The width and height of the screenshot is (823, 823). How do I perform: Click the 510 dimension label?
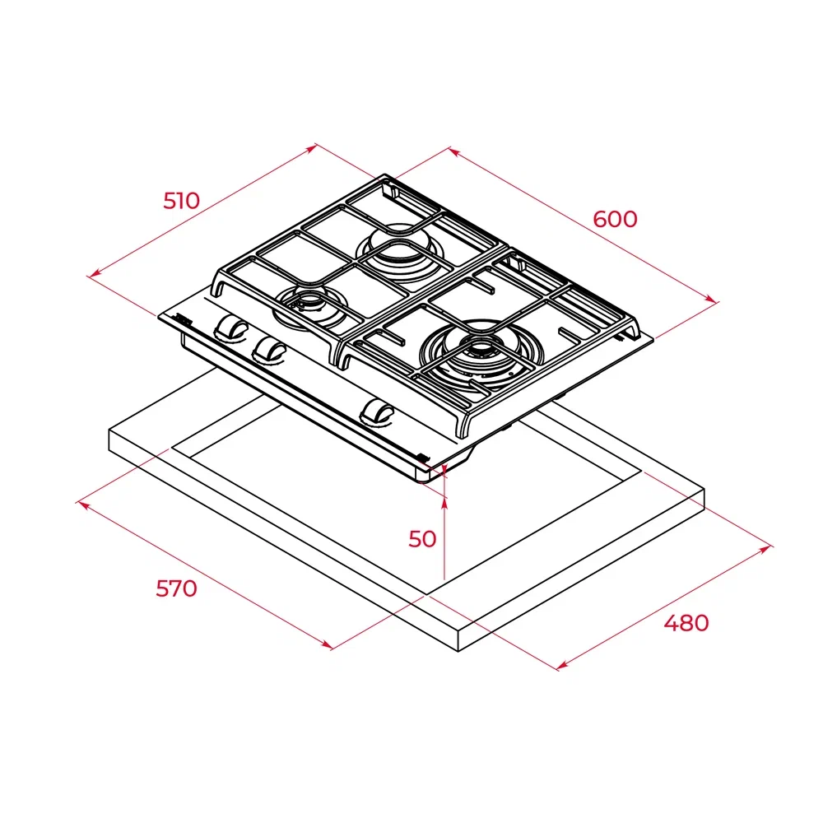coord(181,200)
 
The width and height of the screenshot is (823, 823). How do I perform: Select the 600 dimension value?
coord(615,219)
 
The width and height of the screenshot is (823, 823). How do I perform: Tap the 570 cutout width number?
coord(177,588)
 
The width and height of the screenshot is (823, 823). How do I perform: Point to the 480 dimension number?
coord(686,623)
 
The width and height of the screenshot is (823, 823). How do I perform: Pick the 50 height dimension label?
coord(422,539)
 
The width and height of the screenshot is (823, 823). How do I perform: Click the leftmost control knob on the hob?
coord(231,328)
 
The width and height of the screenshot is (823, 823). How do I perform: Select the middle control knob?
coord(268,349)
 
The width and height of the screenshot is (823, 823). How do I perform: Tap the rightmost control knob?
coord(379,411)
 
